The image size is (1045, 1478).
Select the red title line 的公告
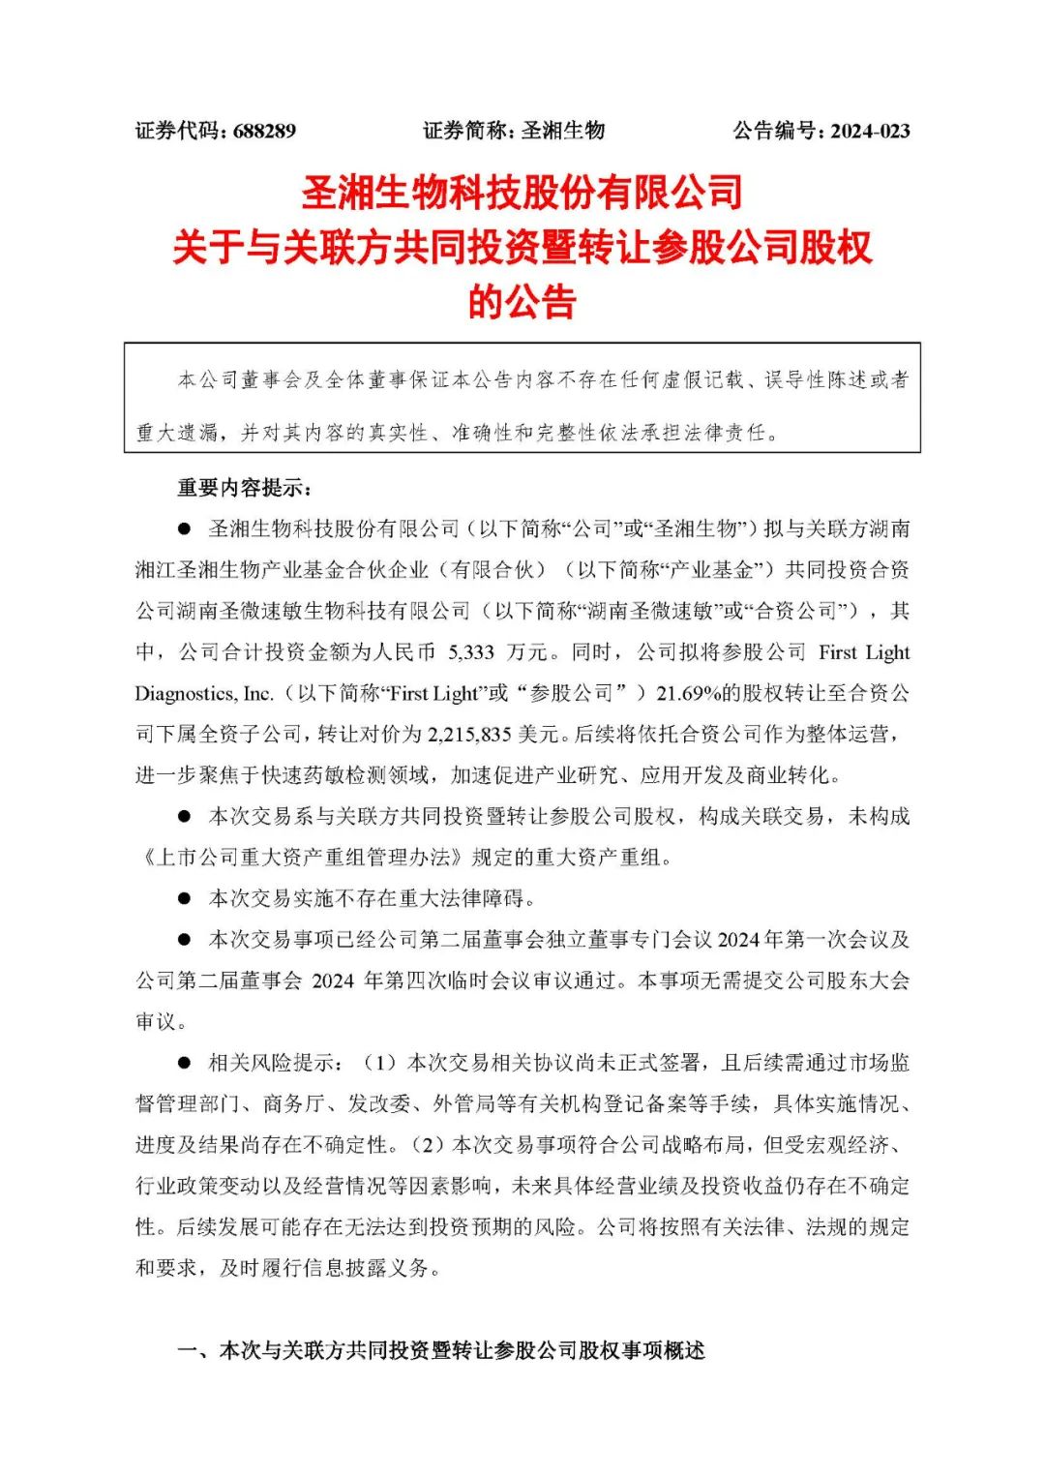pos(522,302)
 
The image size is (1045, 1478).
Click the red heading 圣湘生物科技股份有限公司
pos(522,192)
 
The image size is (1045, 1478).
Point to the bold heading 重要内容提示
pos(245,488)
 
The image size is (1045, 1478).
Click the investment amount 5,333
pos(471,652)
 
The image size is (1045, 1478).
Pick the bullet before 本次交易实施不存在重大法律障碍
pos(184,898)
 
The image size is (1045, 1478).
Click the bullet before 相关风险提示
pos(184,1063)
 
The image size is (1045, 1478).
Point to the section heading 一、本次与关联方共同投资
pos(441,1350)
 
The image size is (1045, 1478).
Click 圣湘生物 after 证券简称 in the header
pos(563,131)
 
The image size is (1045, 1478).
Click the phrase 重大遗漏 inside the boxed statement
pos(177,433)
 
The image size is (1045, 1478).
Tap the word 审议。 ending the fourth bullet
pos(162,1022)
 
